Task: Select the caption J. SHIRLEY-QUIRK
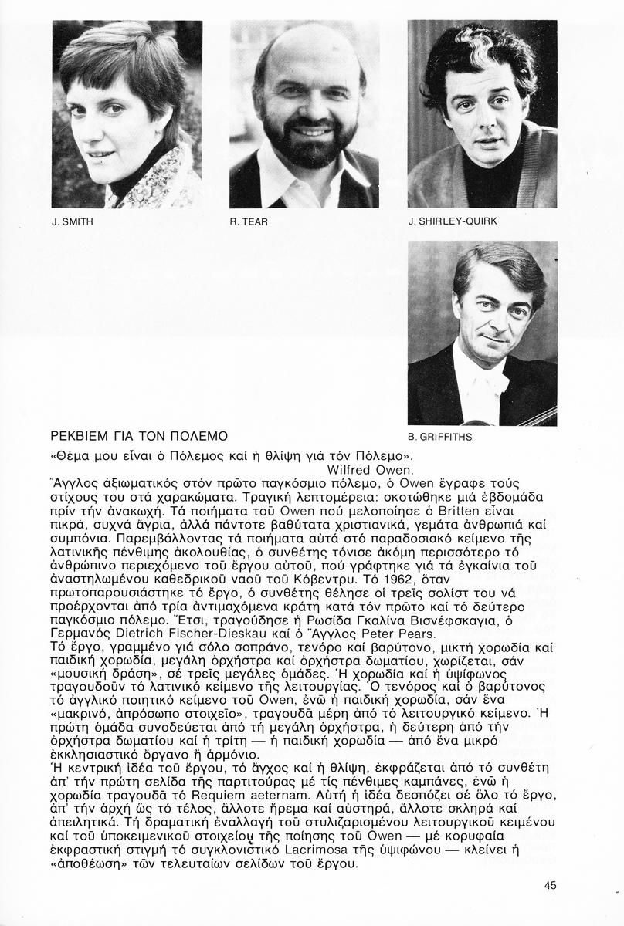[x=453, y=222]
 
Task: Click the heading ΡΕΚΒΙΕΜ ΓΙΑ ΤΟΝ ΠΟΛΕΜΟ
[x=139, y=436]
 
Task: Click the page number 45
[x=550, y=886]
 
